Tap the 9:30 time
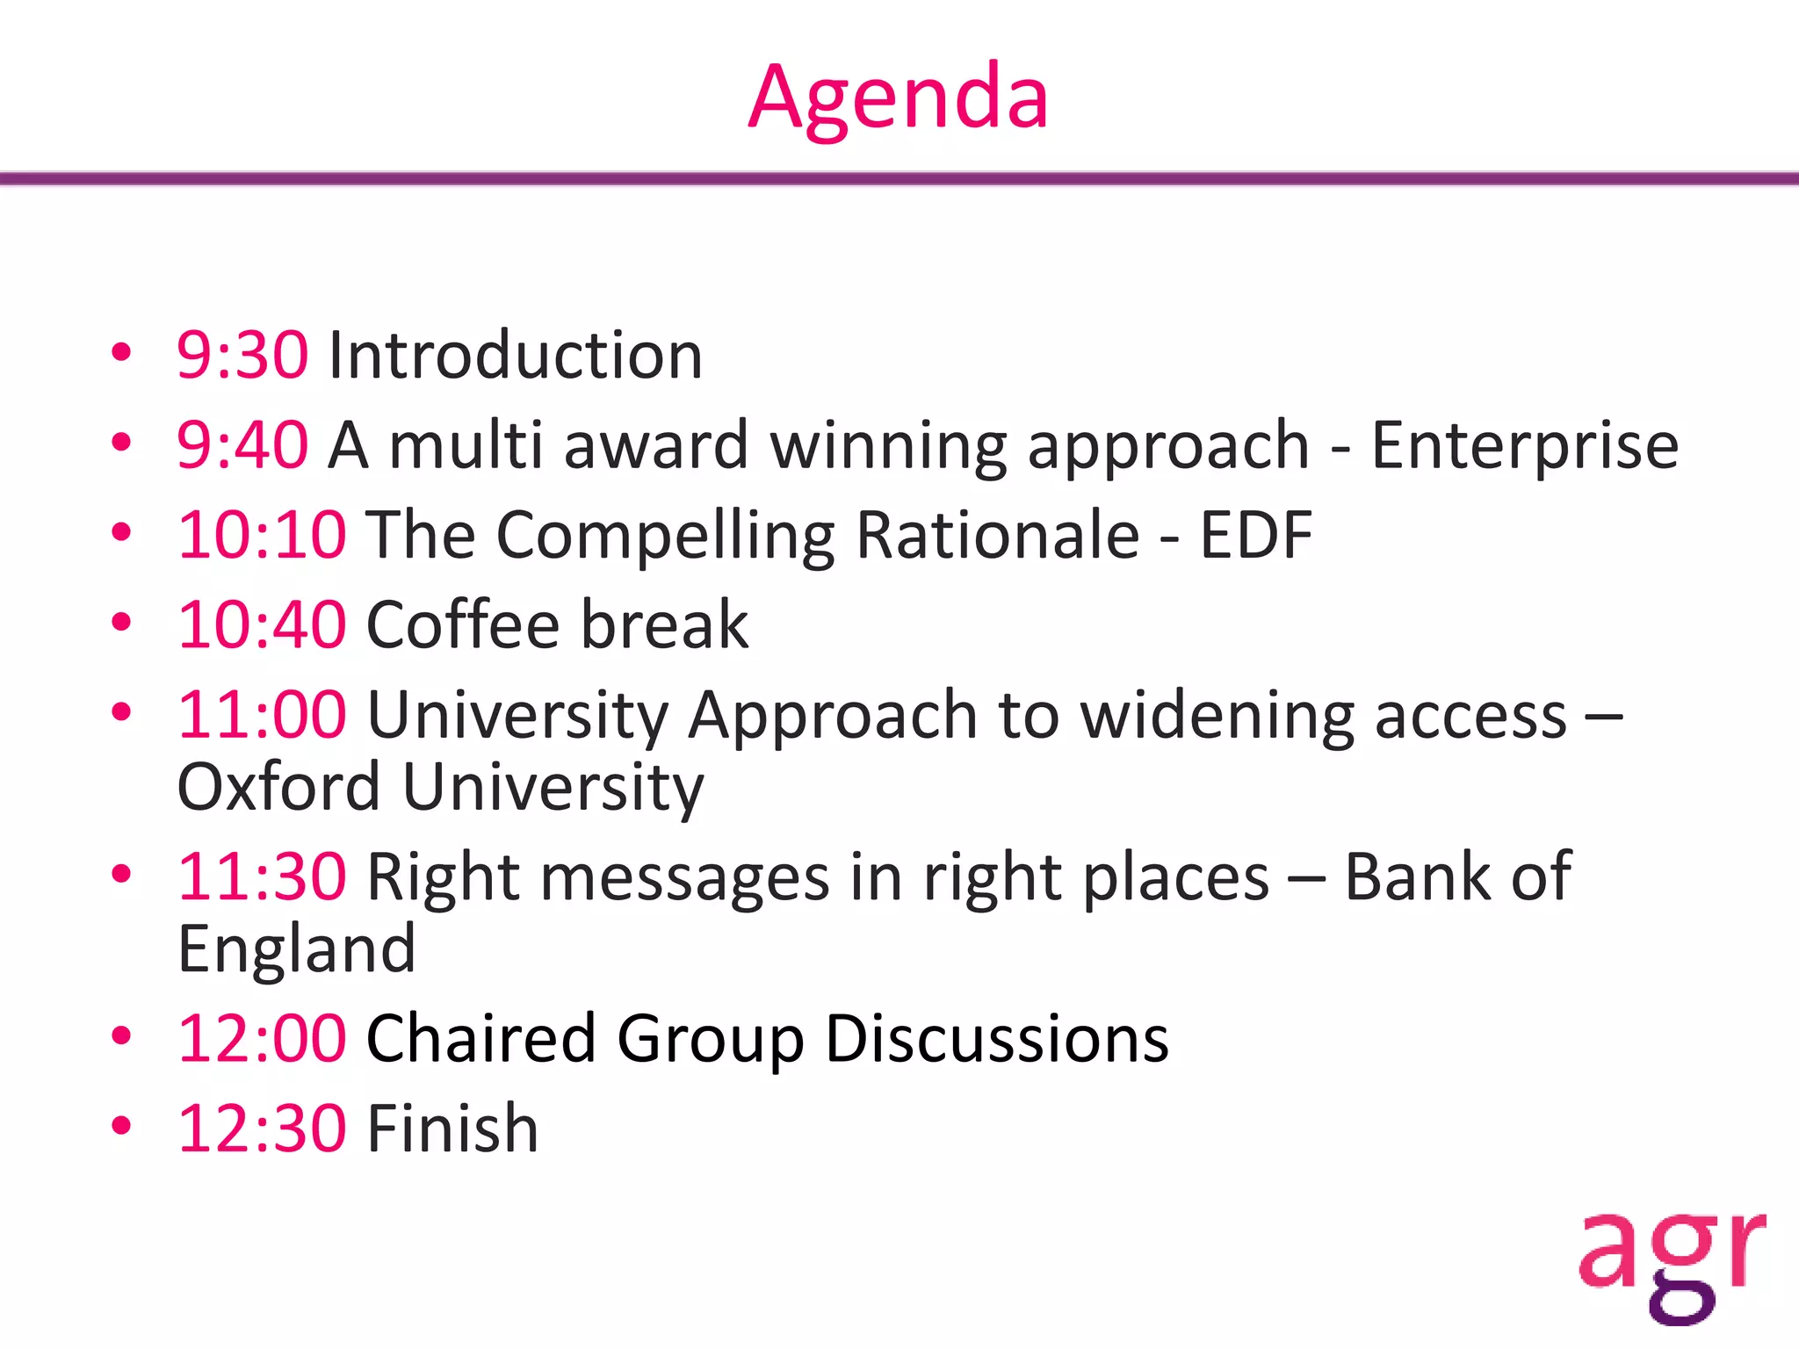pos(242,355)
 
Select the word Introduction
pos(515,355)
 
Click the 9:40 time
pos(242,444)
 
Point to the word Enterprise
pos(1525,446)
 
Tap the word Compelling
pos(665,536)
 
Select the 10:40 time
pos(262,624)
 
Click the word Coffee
pos(463,624)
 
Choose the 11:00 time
pos(262,714)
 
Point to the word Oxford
pos(278,786)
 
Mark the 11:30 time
pos(262,876)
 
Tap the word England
pos(297,949)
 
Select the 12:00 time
pos(262,1038)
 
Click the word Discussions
pos(997,1038)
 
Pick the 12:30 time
pos(262,1128)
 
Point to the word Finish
pos(452,1128)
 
